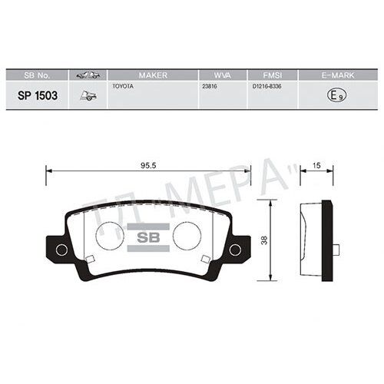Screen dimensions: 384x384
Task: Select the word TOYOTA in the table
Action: click(123, 87)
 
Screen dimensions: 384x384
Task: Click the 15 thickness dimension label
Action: click(316, 165)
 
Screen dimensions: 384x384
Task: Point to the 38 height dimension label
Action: click(264, 240)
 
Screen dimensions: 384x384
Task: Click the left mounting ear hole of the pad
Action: click(62, 250)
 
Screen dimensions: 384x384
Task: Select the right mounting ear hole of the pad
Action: click(236, 250)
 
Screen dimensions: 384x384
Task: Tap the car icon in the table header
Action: click(88, 74)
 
